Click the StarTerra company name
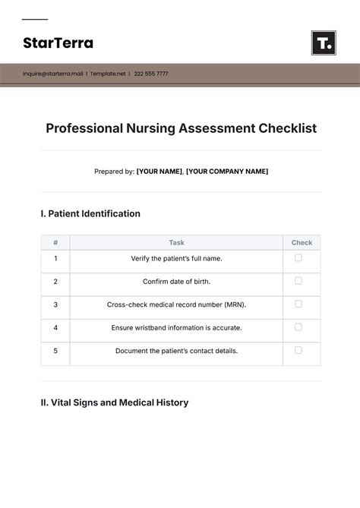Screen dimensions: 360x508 pyautogui.click(x=58, y=43)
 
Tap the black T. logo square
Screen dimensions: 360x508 pyautogui.click(x=324, y=43)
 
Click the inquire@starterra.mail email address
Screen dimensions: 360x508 pyautogui.click(x=52, y=74)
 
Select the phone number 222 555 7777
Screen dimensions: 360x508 pyautogui.click(x=151, y=74)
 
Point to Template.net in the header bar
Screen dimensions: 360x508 pyautogui.click(x=108, y=74)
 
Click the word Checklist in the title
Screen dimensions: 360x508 pyautogui.click(x=289, y=128)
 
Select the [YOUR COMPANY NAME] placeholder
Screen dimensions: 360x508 pyautogui.click(x=227, y=172)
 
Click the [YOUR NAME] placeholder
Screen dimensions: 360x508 pyautogui.click(x=159, y=172)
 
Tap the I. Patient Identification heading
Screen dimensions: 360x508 pyautogui.click(x=90, y=213)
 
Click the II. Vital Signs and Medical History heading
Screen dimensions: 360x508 pyautogui.click(x=114, y=402)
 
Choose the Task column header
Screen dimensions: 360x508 pyautogui.click(x=176, y=243)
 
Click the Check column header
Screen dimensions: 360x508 pyautogui.click(x=302, y=243)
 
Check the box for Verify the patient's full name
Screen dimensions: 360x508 pyautogui.click(x=298, y=257)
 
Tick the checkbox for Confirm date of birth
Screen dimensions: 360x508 pyautogui.click(x=298, y=281)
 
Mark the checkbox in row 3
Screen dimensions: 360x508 pyautogui.click(x=298, y=304)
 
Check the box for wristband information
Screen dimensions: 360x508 pyautogui.click(x=298, y=327)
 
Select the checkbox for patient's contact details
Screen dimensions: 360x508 pyautogui.click(x=298, y=350)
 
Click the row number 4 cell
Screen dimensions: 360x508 pyautogui.click(x=55, y=328)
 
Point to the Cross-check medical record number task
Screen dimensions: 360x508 pyautogui.click(x=176, y=304)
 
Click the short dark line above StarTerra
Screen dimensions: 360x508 pyautogui.click(x=35, y=20)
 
